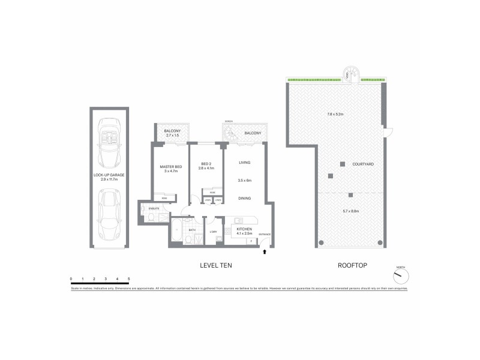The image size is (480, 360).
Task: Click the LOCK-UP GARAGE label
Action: [109, 175]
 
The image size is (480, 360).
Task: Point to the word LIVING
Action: [244, 163]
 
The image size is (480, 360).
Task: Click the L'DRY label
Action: [212, 232]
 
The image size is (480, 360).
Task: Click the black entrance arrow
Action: [265, 252]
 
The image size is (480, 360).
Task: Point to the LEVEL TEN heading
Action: [216, 265]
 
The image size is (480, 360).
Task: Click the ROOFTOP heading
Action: [349, 265]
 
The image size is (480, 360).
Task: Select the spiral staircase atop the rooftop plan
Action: [351, 74]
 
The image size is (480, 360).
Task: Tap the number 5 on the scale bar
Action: [129, 278]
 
